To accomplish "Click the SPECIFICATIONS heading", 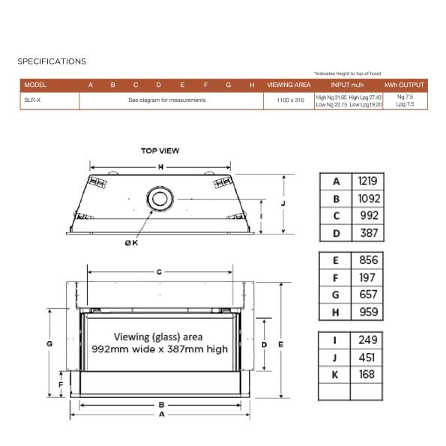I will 52,61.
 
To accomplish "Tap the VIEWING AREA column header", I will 289,85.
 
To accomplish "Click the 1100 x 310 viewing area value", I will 289,100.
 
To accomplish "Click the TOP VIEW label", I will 160,151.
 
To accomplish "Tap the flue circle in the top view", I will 159,199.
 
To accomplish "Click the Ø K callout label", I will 131,242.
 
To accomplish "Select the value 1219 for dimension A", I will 367,181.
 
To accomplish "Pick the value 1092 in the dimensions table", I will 367,199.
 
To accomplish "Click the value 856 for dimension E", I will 367,261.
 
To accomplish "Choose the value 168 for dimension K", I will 367,374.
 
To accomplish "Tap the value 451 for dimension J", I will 367,357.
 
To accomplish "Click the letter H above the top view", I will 160,166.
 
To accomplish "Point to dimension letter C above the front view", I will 159,272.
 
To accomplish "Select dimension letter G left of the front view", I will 49,343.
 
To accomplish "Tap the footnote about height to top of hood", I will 347,73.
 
